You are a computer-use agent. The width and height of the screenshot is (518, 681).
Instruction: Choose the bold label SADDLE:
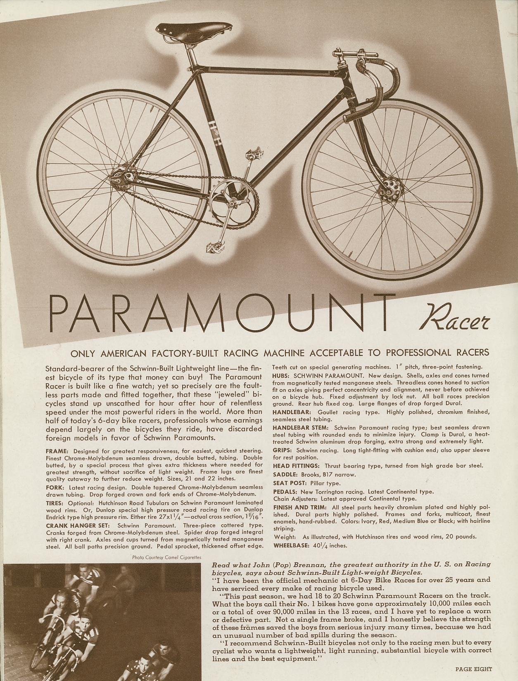pyautogui.click(x=286, y=475)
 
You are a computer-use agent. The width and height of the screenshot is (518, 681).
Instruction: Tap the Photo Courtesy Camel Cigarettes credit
pyautogui.click(x=166, y=558)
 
